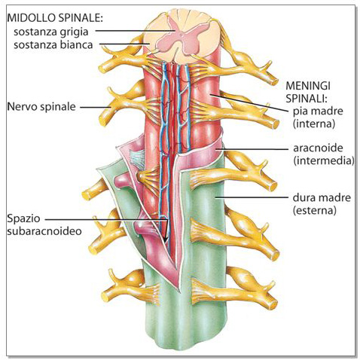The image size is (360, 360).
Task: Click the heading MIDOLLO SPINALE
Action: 55,18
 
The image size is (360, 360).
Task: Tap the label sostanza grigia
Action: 51,32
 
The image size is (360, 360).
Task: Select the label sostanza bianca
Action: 53,45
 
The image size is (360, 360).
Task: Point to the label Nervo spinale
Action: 41,107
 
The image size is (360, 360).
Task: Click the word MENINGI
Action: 308,86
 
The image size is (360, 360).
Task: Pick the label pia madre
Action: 318,111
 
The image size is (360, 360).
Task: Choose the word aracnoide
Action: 318,148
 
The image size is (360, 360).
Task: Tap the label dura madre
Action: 322,198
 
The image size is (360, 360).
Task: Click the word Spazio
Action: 23,218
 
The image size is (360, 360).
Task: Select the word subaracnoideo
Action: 44,231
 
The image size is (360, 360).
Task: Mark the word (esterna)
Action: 314,210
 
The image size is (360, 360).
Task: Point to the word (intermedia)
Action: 324,160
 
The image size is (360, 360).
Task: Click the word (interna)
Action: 314,124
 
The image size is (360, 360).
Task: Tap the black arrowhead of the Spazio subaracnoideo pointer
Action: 166,239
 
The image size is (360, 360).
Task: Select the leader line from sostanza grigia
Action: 136,31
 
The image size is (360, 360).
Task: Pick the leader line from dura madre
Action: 252,197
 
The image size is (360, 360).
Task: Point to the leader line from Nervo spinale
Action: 96,107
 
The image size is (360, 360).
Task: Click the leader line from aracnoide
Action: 252,149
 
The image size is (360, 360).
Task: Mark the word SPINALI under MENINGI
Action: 307,99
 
